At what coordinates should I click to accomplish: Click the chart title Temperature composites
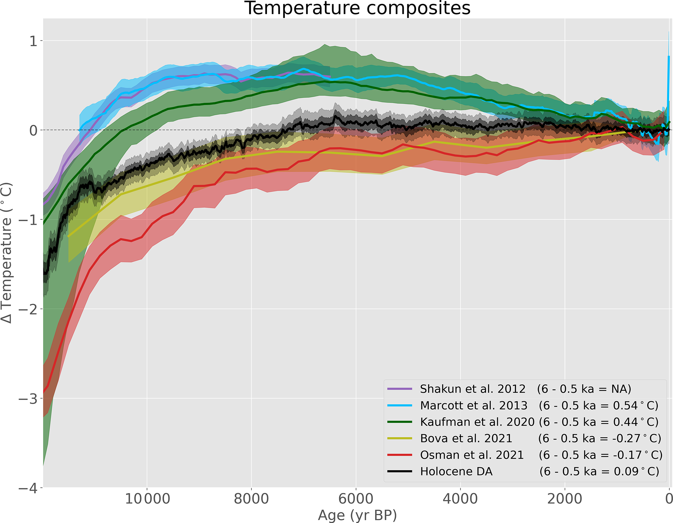coord(357,8)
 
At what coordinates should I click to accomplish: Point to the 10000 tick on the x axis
coord(147,499)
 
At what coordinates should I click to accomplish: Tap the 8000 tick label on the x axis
coord(251,499)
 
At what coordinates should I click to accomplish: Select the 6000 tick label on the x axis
coord(356,499)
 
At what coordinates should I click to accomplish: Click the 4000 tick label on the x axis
coord(460,499)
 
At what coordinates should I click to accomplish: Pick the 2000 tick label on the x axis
coord(565,499)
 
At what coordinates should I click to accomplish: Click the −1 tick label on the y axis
coord(29,220)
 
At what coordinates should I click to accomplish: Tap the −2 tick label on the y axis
coord(29,309)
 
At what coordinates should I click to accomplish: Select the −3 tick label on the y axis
coord(29,399)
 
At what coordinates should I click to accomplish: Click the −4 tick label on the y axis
coord(29,488)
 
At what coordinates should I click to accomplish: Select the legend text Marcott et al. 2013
coord(474,405)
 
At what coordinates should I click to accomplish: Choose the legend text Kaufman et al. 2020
coord(477,422)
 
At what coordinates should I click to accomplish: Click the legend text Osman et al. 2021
coord(472,455)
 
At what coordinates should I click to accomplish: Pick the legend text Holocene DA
coord(456,472)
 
